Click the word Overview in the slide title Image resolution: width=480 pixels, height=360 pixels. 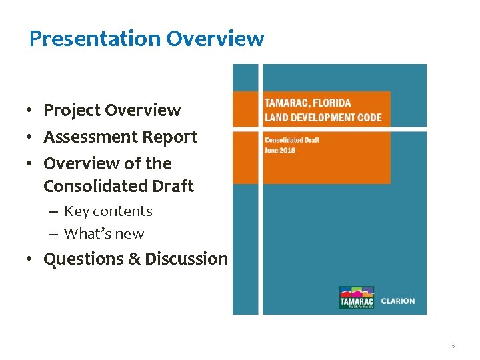point(215,39)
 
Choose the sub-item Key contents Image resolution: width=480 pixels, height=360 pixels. point(108,211)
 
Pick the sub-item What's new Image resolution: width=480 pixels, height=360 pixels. point(104,234)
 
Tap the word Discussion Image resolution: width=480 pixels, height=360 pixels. point(187,259)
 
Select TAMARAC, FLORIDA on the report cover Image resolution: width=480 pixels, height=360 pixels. point(307,103)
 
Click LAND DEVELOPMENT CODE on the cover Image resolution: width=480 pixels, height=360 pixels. point(323,118)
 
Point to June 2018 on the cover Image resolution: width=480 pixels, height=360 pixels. point(280,151)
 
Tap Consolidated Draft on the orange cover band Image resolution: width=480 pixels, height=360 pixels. point(292,140)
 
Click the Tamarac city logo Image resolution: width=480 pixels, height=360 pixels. point(357,298)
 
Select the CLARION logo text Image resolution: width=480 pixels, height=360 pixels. point(398,301)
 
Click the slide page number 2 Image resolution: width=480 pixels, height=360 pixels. point(453,347)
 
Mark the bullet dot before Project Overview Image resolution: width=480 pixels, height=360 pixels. point(31,111)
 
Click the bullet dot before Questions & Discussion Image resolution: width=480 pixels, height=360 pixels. point(31,259)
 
